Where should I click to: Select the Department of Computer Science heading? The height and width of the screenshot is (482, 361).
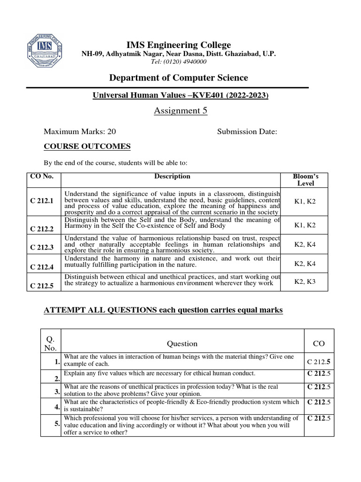point(179,78)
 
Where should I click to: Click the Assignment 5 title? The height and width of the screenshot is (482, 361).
point(180,111)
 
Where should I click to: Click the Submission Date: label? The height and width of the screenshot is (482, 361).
point(247,132)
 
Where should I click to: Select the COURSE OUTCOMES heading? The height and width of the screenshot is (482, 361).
point(87,146)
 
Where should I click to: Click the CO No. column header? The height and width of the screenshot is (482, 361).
point(42,177)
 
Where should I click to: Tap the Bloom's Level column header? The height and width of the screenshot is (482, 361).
point(305,180)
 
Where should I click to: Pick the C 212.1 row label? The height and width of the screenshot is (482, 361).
point(42,201)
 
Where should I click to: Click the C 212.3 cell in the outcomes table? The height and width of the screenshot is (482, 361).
point(42,247)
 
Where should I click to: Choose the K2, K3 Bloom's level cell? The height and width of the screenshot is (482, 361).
point(305,281)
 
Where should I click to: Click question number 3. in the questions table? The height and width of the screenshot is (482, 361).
point(56,391)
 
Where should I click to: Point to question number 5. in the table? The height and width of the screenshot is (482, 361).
point(56,423)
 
